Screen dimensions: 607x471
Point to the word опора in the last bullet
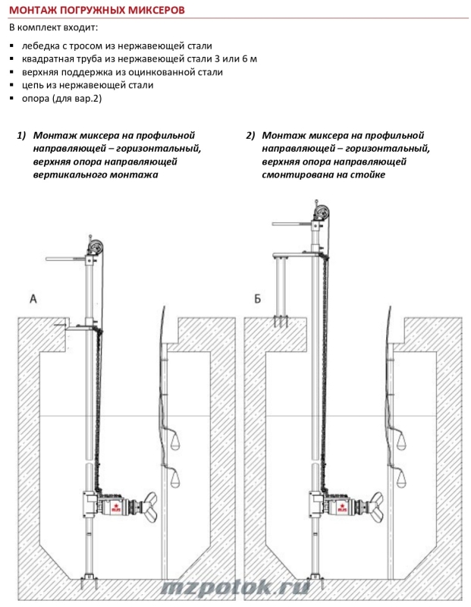click(x=37, y=99)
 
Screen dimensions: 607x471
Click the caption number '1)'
click(x=21, y=136)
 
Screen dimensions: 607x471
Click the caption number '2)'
click(x=250, y=136)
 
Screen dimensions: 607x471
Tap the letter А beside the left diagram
click(x=33, y=299)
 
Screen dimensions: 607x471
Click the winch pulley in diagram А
click(x=96, y=246)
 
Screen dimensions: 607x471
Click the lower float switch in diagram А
click(x=177, y=477)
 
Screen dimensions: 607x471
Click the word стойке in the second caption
click(x=368, y=175)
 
